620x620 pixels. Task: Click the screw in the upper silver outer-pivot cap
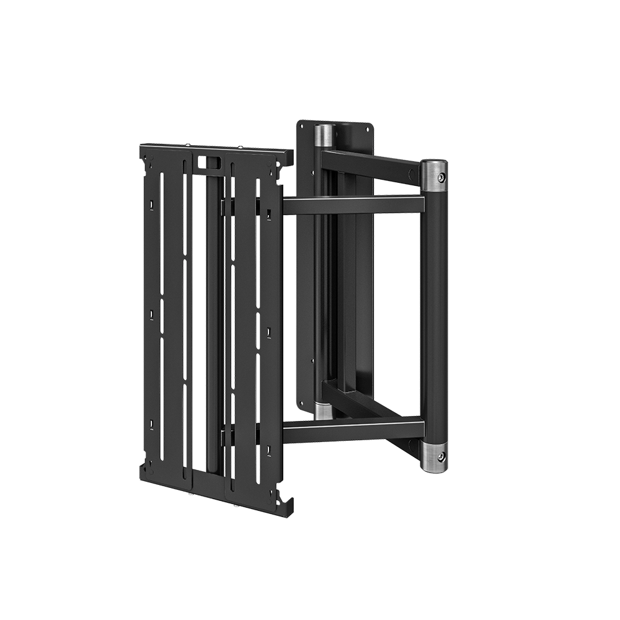440,177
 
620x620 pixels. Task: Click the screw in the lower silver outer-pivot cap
440,456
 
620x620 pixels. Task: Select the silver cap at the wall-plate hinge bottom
322,410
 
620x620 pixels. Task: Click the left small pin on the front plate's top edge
189,146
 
